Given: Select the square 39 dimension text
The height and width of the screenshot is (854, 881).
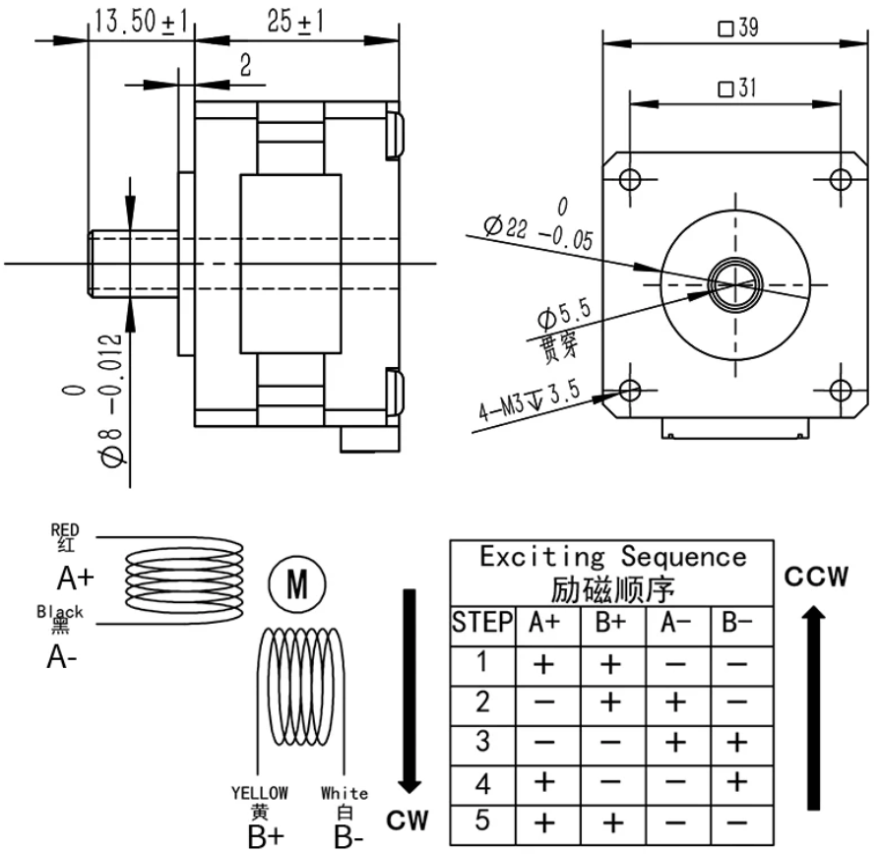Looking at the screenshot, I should pos(737,30).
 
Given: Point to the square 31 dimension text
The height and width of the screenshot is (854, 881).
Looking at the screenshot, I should pos(736,90).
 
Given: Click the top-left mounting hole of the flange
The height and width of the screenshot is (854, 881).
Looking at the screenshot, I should pos(630,179).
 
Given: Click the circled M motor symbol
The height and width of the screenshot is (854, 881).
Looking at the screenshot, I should pos(295,585).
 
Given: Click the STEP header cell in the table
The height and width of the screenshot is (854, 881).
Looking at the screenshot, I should pos(482,623).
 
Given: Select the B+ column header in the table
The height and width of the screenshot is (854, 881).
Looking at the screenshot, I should pos(612,623).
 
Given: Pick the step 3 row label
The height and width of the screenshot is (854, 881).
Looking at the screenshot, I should pos(482,741).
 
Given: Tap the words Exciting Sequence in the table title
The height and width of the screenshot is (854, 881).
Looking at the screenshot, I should pos(612,557).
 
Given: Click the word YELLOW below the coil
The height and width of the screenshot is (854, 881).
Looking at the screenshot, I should pos(260,792).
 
